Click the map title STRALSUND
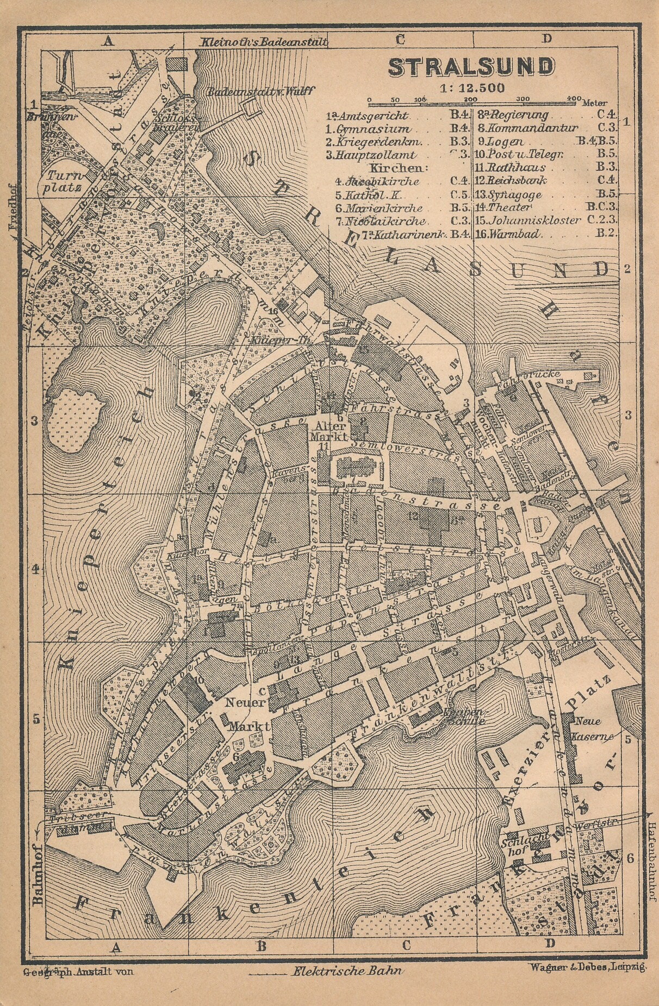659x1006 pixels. (471, 67)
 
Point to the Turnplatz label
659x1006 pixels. (64, 182)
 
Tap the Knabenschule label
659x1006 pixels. (463, 716)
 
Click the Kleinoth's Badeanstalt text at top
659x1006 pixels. (264, 41)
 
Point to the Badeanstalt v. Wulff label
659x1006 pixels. (260, 91)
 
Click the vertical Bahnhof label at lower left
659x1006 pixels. (38, 880)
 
